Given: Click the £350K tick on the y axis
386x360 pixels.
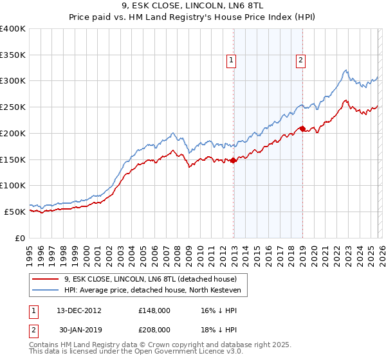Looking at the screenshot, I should coord(13,55).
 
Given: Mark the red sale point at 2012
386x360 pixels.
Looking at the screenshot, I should coord(234,161).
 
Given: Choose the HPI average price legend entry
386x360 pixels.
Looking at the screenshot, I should coord(152,291).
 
